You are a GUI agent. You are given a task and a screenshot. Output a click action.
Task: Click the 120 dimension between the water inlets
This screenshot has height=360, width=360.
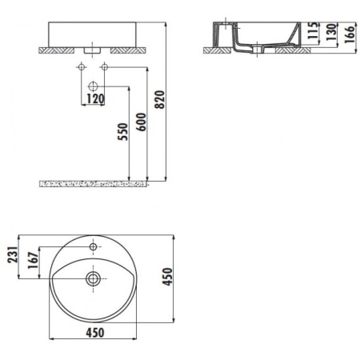coord(95,100)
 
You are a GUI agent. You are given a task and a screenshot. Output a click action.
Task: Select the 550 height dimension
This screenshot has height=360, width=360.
coord(122,130)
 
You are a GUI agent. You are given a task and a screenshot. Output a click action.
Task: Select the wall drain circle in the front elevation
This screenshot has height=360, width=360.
coord(93,85)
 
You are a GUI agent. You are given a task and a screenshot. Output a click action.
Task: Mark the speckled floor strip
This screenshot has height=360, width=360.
coord(94,183)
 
